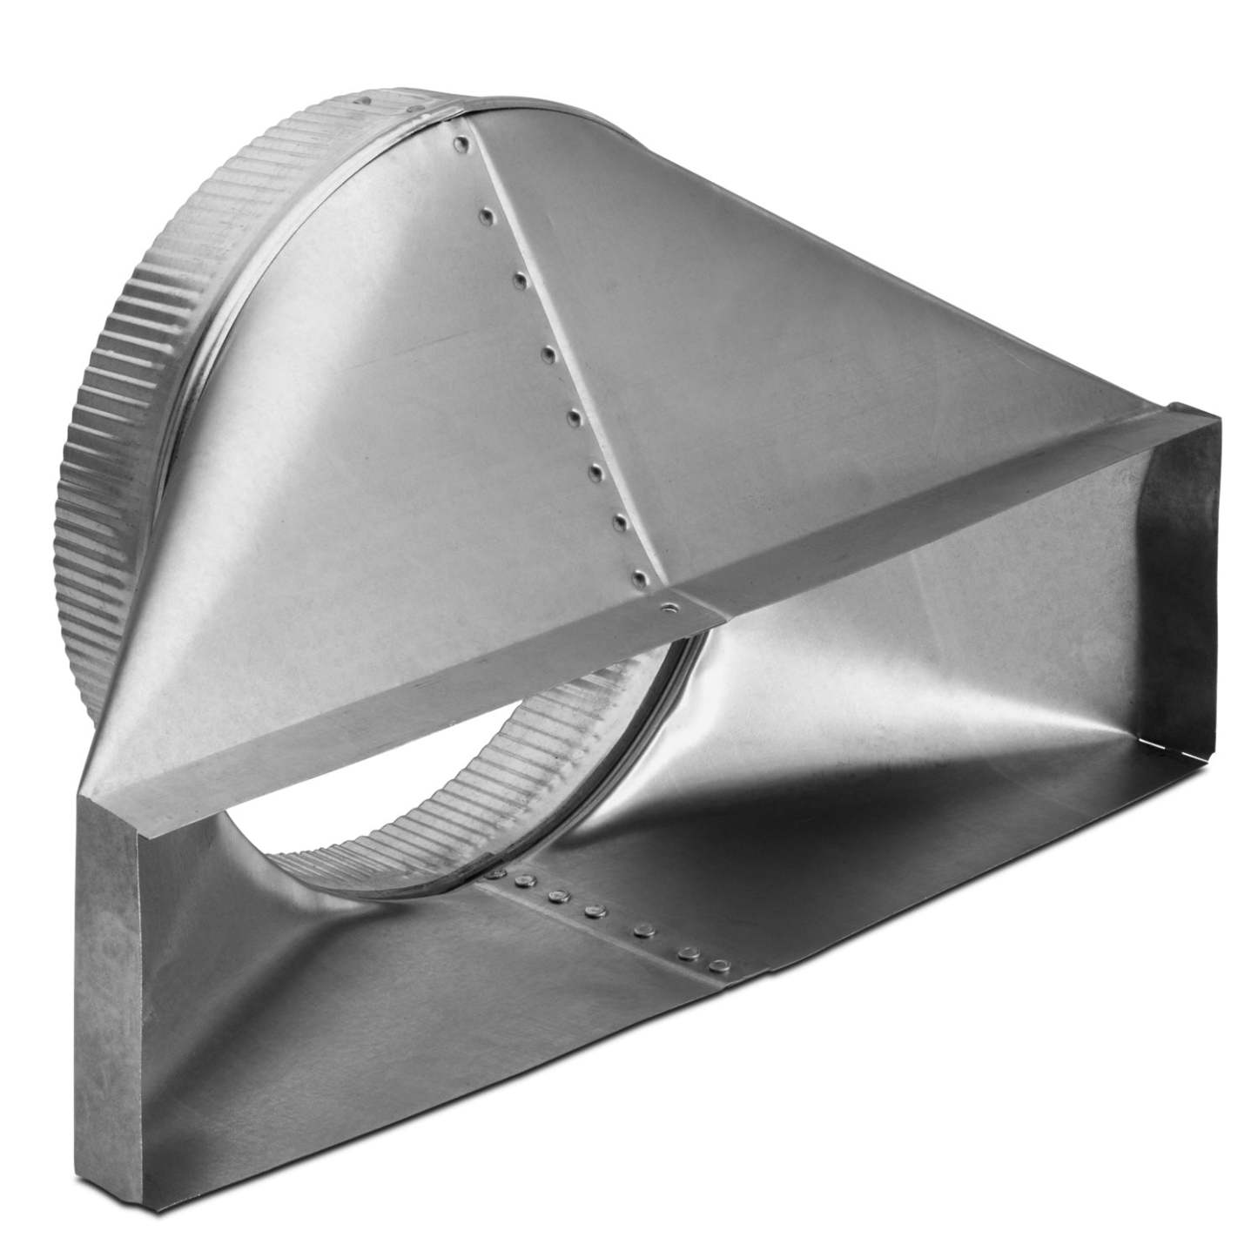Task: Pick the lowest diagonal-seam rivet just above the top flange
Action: tap(642, 575)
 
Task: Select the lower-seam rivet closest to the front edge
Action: tap(718, 965)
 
